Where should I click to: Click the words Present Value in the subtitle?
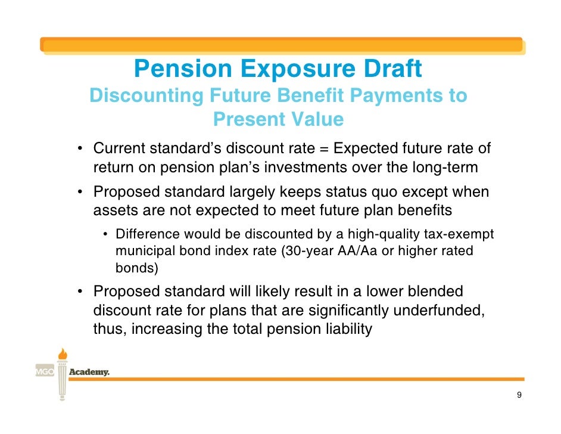pos(278,120)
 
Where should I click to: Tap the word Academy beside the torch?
pos(90,372)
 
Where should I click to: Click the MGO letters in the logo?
pos(43,372)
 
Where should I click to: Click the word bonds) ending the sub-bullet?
pos(136,268)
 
